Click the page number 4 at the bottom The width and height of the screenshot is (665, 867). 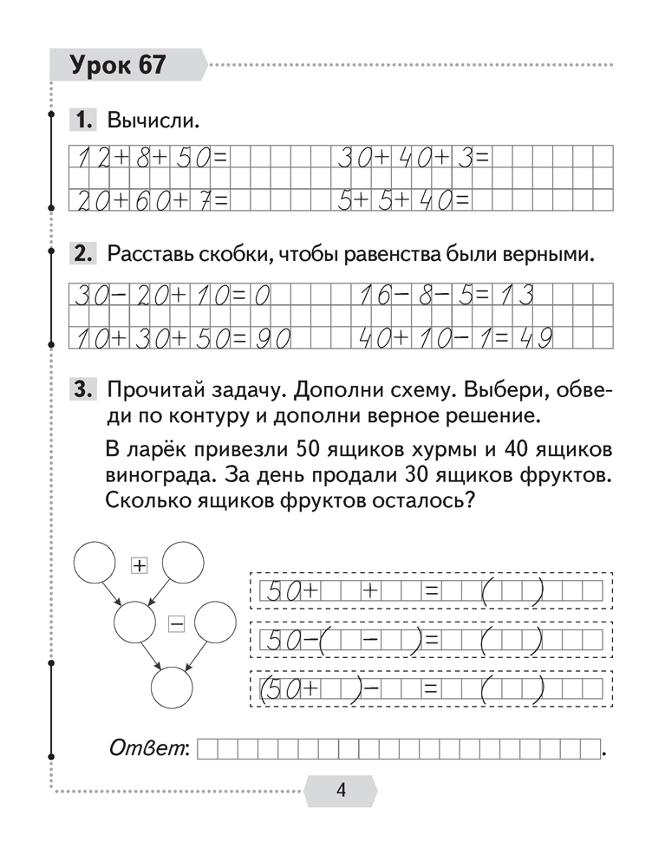pyautogui.click(x=341, y=790)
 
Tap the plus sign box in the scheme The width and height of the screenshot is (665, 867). pyautogui.click(x=139, y=565)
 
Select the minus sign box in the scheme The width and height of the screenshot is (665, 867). pyautogui.click(x=177, y=622)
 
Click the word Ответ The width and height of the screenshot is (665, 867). pyautogui.click(x=148, y=747)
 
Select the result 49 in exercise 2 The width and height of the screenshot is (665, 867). pyautogui.click(x=535, y=336)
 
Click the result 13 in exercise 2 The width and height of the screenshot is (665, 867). pyautogui.click(x=514, y=297)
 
